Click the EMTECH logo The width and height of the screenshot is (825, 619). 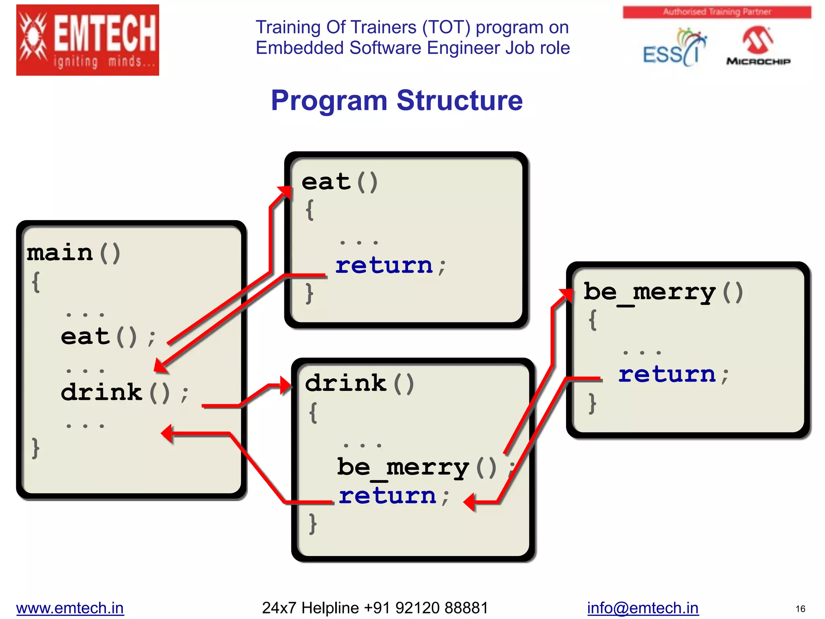[x=87, y=40]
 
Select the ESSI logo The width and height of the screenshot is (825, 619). [x=674, y=49]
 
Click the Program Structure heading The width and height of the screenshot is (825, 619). [x=397, y=100]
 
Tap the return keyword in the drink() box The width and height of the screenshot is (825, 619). [x=387, y=495]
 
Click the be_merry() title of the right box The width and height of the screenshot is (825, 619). [x=663, y=292]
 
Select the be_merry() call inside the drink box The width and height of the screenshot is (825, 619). [x=417, y=467]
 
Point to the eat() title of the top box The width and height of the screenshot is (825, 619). [x=339, y=182]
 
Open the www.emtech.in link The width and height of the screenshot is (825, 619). [x=70, y=608]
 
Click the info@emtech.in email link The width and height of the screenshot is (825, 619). [x=643, y=608]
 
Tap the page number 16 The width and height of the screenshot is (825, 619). [x=800, y=609]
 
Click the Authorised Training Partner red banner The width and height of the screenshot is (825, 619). [x=717, y=12]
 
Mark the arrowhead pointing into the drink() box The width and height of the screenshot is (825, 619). [x=286, y=385]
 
